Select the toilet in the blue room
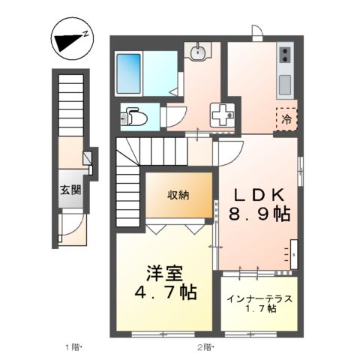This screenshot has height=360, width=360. [x=135, y=116]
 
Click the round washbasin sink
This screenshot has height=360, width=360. [x=199, y=52]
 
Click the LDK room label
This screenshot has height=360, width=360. [x=258, y=193]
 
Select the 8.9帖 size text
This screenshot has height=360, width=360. [x=259, y=214]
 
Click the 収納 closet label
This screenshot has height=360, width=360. [x=178, y=195]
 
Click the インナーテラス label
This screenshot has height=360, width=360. [x=259, y=298]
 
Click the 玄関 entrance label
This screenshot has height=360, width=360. [x=72, y=189]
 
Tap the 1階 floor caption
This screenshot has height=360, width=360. [x=72, y=346]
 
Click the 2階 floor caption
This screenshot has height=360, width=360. [x=205, y=346]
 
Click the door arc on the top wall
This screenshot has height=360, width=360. [x=257, y=33]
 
